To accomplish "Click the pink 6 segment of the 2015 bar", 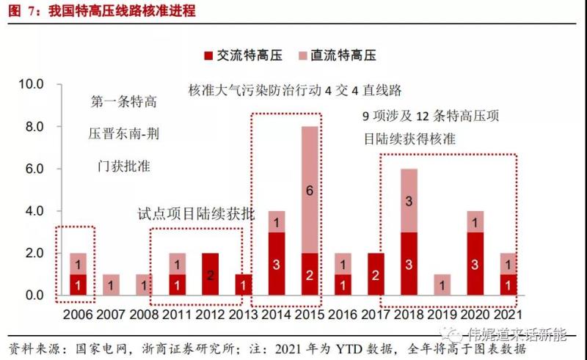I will coord(310,190).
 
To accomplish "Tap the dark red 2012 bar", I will coord(210,275).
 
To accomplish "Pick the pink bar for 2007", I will coord(109,285).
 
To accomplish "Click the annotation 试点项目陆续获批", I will coord(197,214).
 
